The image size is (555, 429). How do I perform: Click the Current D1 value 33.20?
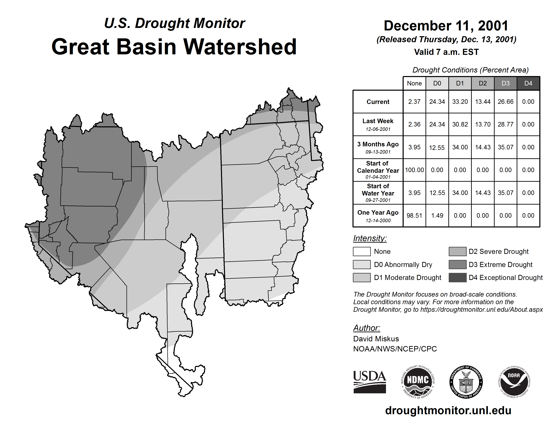pyautogui.click(x=460, y=102)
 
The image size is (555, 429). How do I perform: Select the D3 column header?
pyautogui.click(x=505, y=83)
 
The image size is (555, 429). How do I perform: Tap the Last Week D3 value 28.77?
pyautogui.click(x=505, y=124)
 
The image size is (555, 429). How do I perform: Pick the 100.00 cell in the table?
pyautogui.click(x=414, y=170)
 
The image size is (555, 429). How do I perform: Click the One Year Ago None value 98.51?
pyautogui.click(x=414, y=216)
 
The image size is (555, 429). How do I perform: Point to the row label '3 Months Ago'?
pyautogui.click(x=378, y=144)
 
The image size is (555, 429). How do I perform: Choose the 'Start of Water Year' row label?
pyautogui.click(x=378, y=190)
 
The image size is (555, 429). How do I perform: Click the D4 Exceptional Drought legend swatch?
pyautogui.click(x=457, y=278)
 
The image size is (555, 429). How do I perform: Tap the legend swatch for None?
pyautogui.click(x=362, y=251)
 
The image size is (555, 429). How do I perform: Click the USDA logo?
pyautogui.click(x=369, y=382)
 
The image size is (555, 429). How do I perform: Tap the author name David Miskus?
pyautogui.click(x=376, y=339)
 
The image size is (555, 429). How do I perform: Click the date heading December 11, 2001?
pyautogui.click(x=446, y=26)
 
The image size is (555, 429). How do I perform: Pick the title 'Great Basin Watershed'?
pyautogui.click(x=174, y=47)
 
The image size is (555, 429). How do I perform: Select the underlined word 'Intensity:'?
pyautogui.click(x=370, y=238)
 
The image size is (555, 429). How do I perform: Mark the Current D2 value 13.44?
pyautogui.click(x=483, y=102)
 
